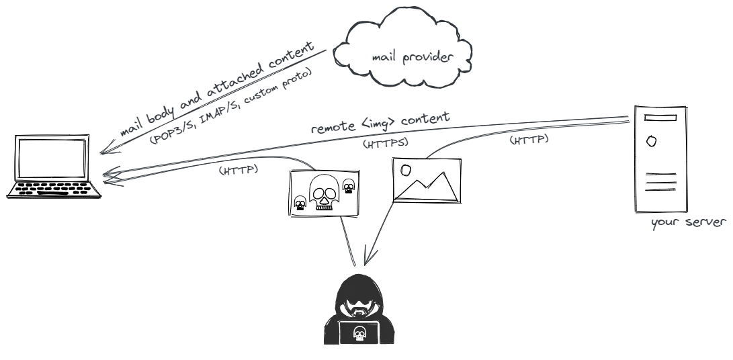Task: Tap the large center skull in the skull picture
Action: point(323,190)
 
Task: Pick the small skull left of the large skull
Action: point(300,202)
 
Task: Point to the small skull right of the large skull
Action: point(349,186)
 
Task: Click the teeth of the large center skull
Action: point(324,205)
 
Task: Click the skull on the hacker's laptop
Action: point(359,332)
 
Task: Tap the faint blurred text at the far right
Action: point(690,222)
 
